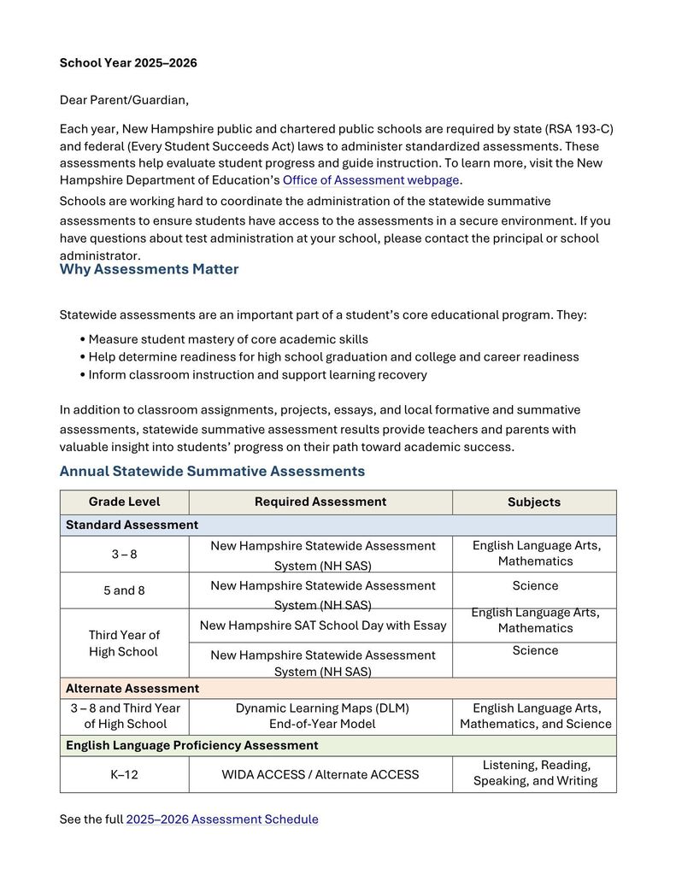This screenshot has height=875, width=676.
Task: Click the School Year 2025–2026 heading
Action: (128, 63)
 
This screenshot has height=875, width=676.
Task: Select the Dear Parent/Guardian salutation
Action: (124, 100)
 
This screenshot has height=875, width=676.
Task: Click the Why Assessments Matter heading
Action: (149, 269)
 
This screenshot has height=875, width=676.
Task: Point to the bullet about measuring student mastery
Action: (228, 339)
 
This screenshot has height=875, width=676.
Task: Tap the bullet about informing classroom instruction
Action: (257, 374)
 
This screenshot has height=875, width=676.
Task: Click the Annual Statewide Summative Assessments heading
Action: (212, 471)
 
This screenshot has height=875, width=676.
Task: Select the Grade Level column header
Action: (124, 502)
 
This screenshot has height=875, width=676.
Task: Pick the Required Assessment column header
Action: (320, 502)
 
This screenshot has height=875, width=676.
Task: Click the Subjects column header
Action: (534, 502)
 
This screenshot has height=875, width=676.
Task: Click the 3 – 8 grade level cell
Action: (124, 554)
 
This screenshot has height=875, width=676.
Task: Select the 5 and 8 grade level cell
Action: (124, 590)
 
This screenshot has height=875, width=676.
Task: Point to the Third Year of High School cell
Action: (124, 643)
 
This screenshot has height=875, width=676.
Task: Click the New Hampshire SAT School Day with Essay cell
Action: (322, 625)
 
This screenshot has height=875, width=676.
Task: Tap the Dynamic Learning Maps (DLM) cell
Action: (322, 716)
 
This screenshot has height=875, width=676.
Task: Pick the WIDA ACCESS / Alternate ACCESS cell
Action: (320, 775)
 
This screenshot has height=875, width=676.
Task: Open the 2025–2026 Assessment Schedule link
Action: (222, 819)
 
